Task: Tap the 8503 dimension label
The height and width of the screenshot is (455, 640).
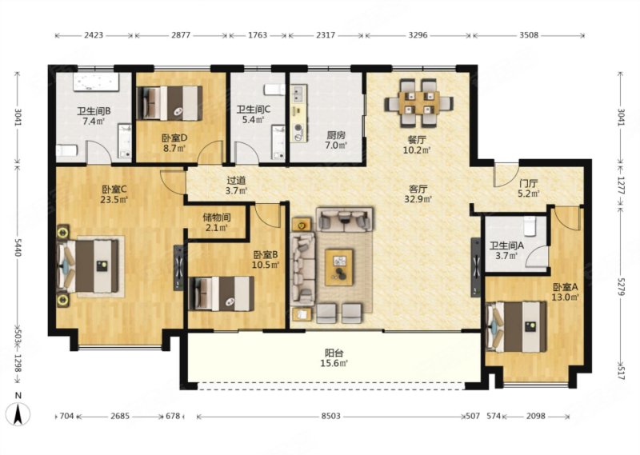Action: [330, 417]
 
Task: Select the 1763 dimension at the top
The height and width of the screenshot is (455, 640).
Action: [257, 35]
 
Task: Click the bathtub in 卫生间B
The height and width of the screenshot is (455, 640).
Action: [95, 82]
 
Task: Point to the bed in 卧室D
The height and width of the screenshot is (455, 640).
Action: [170, 103]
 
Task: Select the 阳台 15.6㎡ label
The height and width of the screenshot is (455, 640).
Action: [334, 357]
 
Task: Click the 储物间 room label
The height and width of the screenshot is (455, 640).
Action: [217, 218]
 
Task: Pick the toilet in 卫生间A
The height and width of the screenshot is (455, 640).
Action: [530, 226]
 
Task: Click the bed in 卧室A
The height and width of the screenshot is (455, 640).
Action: [517, 327]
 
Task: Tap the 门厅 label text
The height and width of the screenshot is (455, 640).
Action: [529, 183]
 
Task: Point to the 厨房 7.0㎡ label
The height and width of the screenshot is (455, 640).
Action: [336, 140]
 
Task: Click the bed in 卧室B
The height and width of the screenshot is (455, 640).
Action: [222, 293]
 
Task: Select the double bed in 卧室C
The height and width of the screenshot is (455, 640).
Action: [90, 266]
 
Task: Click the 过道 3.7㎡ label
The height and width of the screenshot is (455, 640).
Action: [236, 185]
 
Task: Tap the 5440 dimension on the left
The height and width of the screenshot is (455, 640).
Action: [18, 247]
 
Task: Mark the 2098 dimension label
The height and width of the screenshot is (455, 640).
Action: [535, 417]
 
